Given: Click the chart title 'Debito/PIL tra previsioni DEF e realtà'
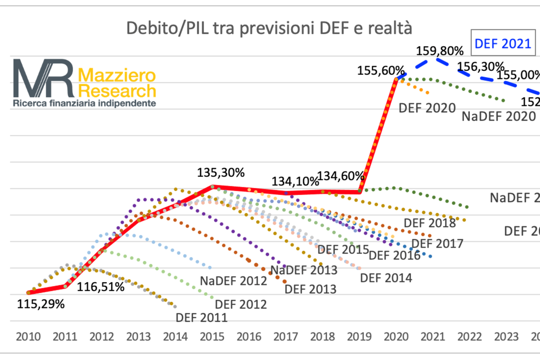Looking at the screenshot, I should [x=269, y=28].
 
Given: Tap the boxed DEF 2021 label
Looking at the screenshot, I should [x=503, y=44].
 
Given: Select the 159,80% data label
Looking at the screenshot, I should [x=440, y=51].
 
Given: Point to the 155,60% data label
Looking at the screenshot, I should [x=381, y=70].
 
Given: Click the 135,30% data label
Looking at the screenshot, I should [x=221, y=172].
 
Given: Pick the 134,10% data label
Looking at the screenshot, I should [x=295, y=181].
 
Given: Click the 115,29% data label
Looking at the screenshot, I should [x=41, y=304].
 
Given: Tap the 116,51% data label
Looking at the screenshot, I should [x=100, y=287].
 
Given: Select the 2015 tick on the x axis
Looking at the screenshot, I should [x=212, y=337].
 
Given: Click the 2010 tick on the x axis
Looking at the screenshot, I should [x=28, y=337].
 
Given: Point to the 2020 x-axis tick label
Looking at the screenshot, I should [x=396, y=337].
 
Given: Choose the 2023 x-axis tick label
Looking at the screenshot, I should [x=506, y=337].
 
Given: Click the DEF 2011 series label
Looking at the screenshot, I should [x=201, y=318].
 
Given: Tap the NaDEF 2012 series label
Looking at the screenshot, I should [x=233, y=280].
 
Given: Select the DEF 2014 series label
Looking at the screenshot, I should [x=386, y=278].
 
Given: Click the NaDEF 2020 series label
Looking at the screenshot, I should [x=499, y=116].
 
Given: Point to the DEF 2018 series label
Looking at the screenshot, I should [x=429, y=223].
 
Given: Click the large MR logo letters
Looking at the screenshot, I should [x=43, y=78].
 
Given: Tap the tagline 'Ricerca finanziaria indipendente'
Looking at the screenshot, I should [x=85, y=103].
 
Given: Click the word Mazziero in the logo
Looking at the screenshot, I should [x=117, y=75].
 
